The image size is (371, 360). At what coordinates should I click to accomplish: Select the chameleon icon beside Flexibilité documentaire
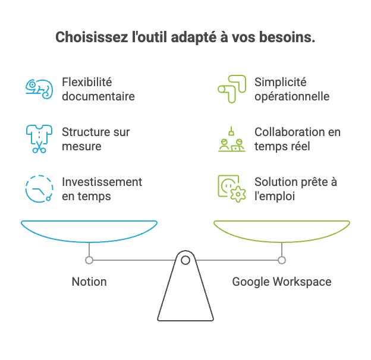39,88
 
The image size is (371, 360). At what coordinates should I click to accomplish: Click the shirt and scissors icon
39,138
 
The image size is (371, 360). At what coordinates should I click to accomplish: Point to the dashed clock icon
39,188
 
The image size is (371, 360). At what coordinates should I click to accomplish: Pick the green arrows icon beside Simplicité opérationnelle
231,88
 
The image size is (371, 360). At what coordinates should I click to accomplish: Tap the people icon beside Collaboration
231,140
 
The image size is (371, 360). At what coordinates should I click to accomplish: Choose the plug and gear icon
231,188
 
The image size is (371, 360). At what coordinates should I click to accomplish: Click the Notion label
89,281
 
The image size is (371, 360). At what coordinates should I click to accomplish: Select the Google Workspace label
281,281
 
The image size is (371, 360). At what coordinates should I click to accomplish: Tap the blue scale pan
89,230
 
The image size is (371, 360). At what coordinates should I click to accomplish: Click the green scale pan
282,230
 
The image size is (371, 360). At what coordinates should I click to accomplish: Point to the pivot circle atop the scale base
185,260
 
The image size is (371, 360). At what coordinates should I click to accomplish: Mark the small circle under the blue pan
89,260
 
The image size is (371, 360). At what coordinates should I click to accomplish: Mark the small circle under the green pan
282,260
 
